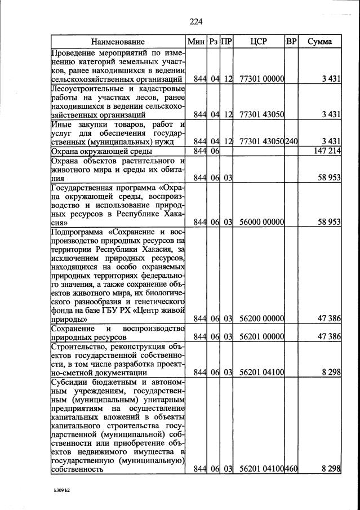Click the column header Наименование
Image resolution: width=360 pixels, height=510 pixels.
click(118, 42)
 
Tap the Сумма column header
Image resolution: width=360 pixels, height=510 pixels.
click(319, 42)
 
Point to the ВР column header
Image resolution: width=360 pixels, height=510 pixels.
click(291, 42)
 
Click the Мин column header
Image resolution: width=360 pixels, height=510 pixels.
click(197, 42)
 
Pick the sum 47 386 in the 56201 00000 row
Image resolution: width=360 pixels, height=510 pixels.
click(329, 337)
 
